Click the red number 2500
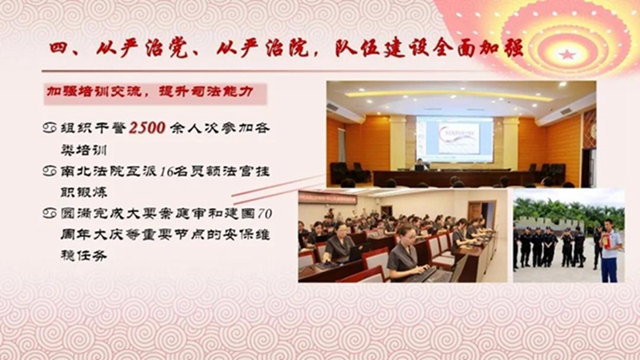tap(147, 128)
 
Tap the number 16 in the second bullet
tap(166, 171)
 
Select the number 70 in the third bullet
tap(265, 214)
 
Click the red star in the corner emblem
tap(567, 54)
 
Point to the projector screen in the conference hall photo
tap(454, 138)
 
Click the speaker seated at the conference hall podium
tap(420, 165)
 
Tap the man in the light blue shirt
tap(610, 250)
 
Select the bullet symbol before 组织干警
tap(50, 128)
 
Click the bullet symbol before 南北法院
tap(50, 171)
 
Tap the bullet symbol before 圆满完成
tap(50, 213)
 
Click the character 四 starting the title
tap(58, 49)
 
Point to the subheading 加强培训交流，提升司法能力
tap(150, 92)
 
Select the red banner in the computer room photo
tap(327, 198)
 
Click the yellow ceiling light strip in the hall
tap(449, 95)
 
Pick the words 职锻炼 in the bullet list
tap(84, 192)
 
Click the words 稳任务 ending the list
tap(84, 255)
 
